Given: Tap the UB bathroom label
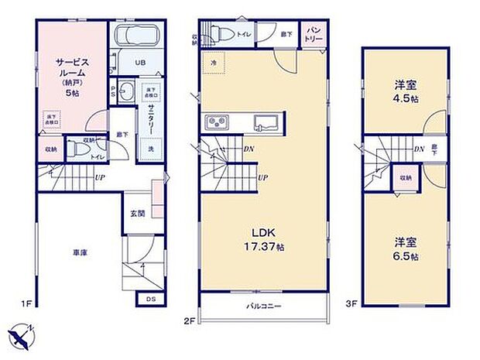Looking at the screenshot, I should (x=141, y=63).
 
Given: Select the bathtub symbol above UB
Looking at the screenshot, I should (x=137, y=36).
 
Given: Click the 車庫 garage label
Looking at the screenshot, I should (x=80, y=252).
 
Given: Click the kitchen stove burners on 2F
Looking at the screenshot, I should (x=214, y=123).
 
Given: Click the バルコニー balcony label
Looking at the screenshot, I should (x=263, y=307).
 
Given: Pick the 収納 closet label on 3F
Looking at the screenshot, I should (x=404, y=177).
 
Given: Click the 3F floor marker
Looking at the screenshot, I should (x=351, y=304).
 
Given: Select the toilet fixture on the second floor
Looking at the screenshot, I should (x=225, y=32).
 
